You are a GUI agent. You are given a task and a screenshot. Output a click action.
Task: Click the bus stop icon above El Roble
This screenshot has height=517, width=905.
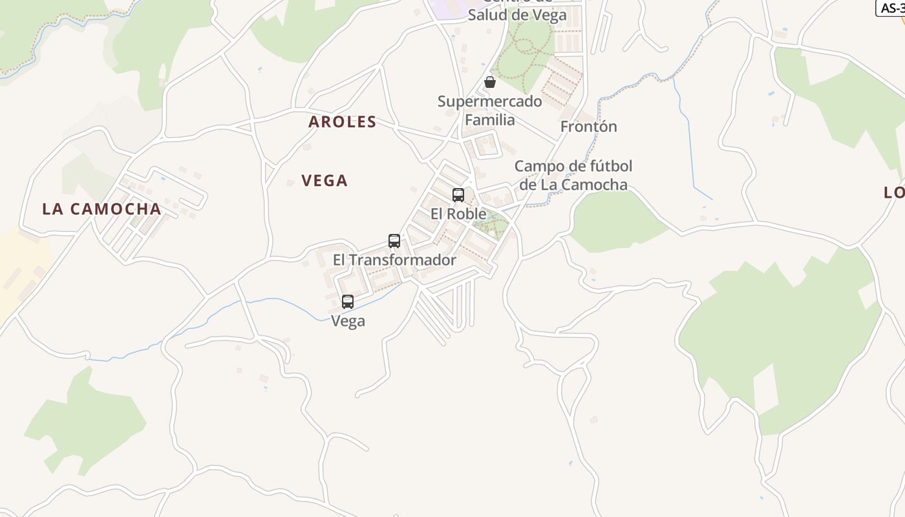pyautogui.click(x=458, y=195)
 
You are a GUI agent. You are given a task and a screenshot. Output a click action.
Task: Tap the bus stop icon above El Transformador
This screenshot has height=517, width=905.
pyautogui.click(x=394, y=241)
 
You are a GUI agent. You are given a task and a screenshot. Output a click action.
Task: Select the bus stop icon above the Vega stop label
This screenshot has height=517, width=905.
pyautogui.click(x=348, y=301)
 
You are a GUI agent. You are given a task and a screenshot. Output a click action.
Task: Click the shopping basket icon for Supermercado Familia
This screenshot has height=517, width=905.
pyautogui.click(x=490, y=82)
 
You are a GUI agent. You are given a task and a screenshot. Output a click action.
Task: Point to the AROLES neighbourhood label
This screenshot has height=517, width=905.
pyautogui.click(x=343, y=121)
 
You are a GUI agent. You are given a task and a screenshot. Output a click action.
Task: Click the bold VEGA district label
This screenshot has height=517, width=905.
pyautogui.click(x=325, y=180)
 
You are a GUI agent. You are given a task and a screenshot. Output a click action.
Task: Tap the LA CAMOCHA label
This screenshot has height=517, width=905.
pyautogui.click(x=101, y=209)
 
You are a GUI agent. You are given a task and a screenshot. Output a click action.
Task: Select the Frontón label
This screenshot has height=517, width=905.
pyautogui.click(x=588, y=127)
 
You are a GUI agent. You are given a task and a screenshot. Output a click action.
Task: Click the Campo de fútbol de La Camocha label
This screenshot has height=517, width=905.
pyautogui.click(x=573, y=175)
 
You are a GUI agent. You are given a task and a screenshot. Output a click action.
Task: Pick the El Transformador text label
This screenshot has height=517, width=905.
pyautogui.click(x=394, y=260)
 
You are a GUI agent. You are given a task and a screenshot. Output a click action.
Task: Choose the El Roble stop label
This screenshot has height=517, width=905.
pyautogui.click(x=458, y=213)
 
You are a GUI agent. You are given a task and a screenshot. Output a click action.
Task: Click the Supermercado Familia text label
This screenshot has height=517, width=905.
pyautogui.click(x=490, y=111)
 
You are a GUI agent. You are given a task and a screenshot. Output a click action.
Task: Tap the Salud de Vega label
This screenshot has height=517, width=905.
pyautogui.click(x=517, y=14)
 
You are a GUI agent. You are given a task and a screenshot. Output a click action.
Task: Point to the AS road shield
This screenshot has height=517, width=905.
pyautogui.click(x=891, y=7)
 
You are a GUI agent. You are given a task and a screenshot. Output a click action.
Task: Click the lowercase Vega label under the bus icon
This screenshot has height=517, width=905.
pyautogui.click(x=348, y=321)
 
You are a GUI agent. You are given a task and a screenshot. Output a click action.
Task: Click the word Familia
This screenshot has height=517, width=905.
pyautogui.click(x=490, y=120)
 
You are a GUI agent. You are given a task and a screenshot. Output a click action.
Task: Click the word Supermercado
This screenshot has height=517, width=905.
pyautogui.click(x=490, y=101)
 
